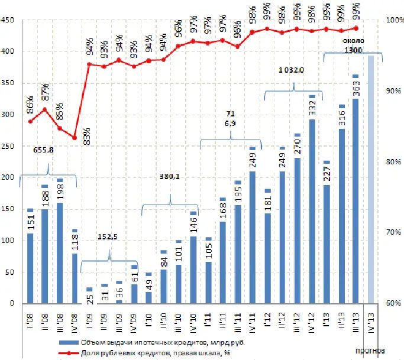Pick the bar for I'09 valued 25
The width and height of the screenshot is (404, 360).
(x=89, y=296)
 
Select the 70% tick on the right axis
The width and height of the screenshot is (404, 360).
(x=393, y=232)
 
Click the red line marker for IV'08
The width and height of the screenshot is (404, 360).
(x=75, y=138)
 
